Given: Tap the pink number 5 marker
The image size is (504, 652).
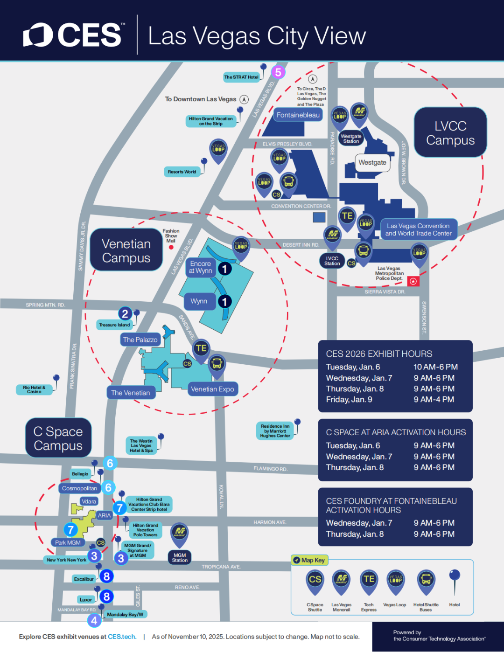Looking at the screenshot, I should click(x=278, y=72).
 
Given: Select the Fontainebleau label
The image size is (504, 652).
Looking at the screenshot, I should click(x=298, y=115).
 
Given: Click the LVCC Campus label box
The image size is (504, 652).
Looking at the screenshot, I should click(x=450, y=133).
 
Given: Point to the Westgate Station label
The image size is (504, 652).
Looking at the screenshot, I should click(x=351, y=139).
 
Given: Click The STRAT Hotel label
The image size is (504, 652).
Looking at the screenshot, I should click(x=241, y=77).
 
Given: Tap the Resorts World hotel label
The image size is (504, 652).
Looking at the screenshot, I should click(x=182, y=172).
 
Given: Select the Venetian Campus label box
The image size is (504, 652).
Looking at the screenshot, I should click(x=126, y=250).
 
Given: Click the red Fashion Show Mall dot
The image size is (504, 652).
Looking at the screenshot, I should click(x=171, y=247).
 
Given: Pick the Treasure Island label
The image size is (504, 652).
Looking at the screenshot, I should click(x=114, y=325).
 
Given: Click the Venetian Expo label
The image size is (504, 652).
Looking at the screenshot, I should click(x=212, y=389).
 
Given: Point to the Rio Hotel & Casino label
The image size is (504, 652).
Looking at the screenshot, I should click(x=34, y=389).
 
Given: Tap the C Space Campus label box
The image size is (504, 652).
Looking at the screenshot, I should click(x=58, y=438).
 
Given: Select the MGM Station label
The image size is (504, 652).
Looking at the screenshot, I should click(x=180, y=557).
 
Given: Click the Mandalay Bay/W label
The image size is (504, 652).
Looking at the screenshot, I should click(x=125, y=614).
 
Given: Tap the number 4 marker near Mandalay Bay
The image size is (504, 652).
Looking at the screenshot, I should click(x=94, y=620).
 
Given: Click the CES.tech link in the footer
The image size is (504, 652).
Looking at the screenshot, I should click(x=122, y=637).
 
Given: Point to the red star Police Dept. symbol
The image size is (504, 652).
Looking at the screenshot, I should click(x=413, y=281).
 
